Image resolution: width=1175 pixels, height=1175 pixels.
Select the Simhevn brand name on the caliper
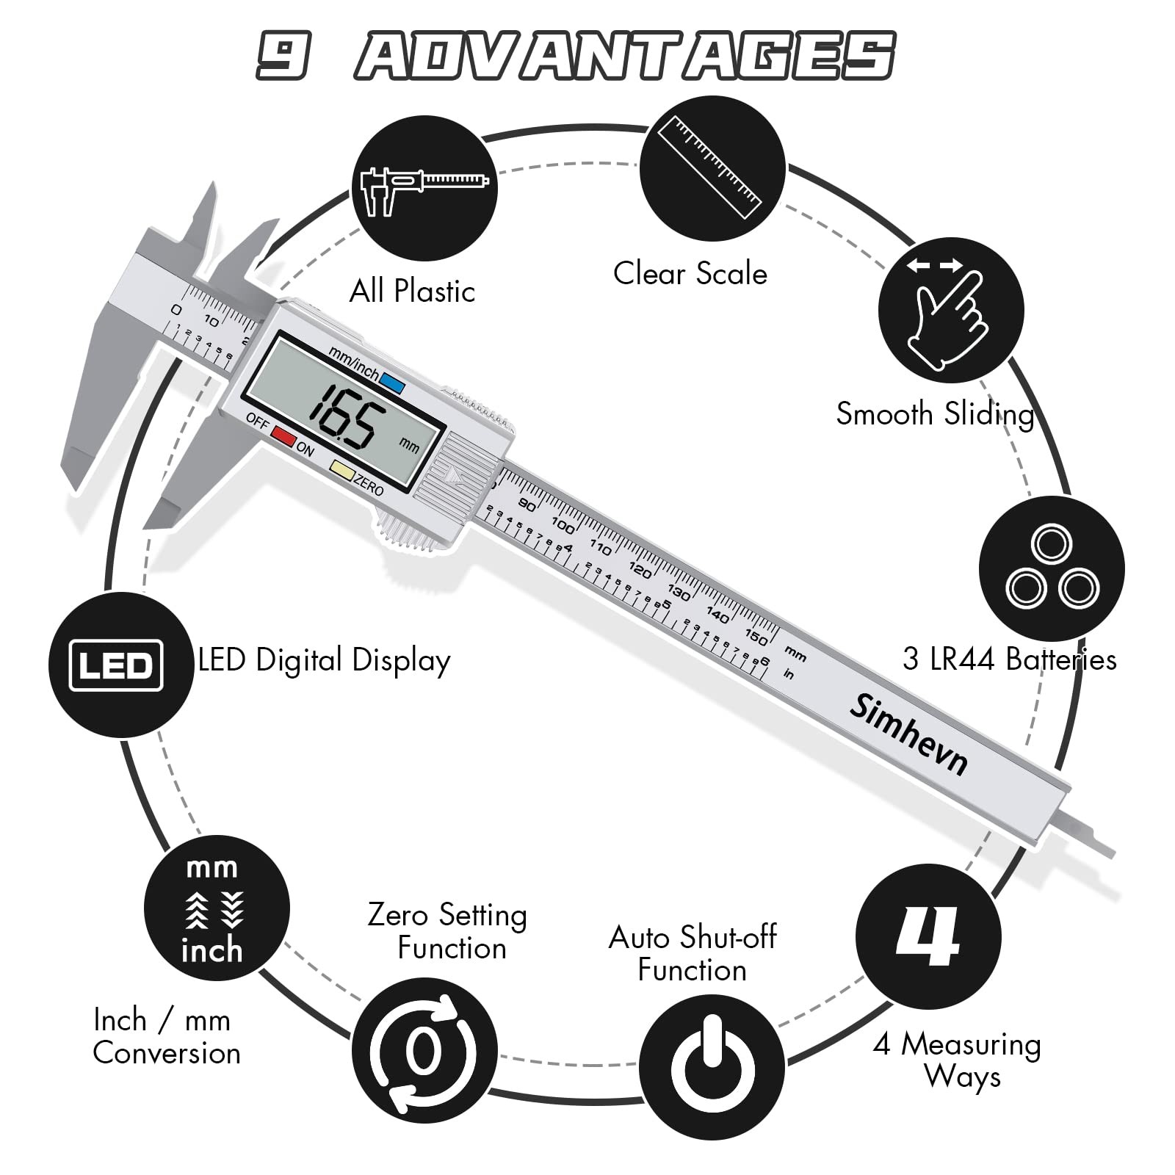pyautogui.click(x=908, y=734)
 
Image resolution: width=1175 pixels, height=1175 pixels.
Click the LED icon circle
pyautogui.click(x=120, y=665)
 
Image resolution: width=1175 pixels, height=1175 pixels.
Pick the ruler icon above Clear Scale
pyautogui.click(x=711, y=168)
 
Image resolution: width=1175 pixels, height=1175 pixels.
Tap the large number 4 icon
pyautogui.click(x=928, y=936)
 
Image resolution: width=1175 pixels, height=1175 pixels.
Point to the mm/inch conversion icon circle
pyautogui.click(x=216, y=908)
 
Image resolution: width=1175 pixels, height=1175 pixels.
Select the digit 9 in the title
pyautogui.click(x=282, y=56)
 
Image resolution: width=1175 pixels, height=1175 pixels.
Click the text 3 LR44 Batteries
pyautogui.click(x=1009, y=659)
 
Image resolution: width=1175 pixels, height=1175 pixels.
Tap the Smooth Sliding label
pyautogui.click(x=935, y=414)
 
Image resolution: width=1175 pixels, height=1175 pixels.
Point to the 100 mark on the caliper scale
pyautogui.click(x=563, y=525)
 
